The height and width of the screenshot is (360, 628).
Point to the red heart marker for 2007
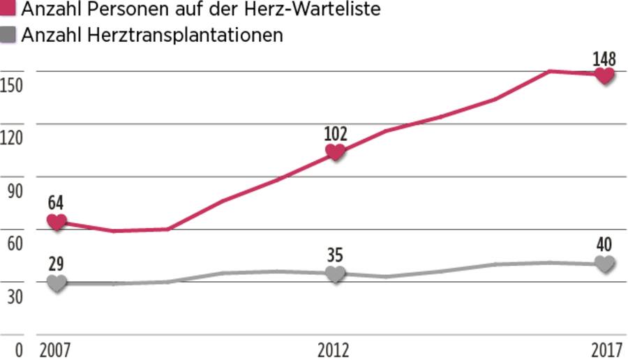click(x=57, y=221)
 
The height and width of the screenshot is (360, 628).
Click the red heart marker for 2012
click(x=335, y=152)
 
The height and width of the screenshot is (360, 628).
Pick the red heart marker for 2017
click(x=605, y=75)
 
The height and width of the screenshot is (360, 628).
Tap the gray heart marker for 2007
click(x=57, y=283)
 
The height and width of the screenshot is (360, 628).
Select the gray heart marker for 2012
click(x=335, y=273)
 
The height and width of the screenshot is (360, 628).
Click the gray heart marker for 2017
click(x=605, y=264)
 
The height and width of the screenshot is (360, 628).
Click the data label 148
click(x=604, y=57)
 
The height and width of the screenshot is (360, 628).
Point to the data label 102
click(x=335, y=133)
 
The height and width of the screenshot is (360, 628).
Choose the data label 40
click(x=604, y=245)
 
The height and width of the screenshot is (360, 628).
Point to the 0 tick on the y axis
click(x=19, y=350)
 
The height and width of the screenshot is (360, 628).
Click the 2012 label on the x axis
click(x=335, y=350)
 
